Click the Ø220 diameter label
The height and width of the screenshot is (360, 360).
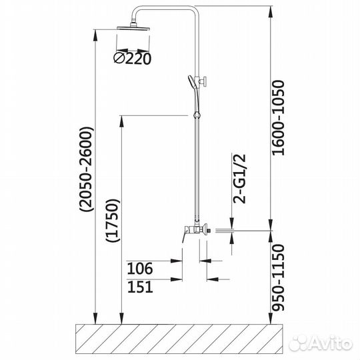133,59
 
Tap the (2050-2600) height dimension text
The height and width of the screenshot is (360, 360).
87,169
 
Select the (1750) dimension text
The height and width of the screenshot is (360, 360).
113,221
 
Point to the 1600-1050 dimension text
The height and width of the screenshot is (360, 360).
278,118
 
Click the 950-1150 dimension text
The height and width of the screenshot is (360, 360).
278,277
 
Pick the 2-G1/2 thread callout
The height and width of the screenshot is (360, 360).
239,179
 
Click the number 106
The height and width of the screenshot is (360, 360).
139,268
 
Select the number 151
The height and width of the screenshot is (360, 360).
140,287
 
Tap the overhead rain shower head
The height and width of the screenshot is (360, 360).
133,27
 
